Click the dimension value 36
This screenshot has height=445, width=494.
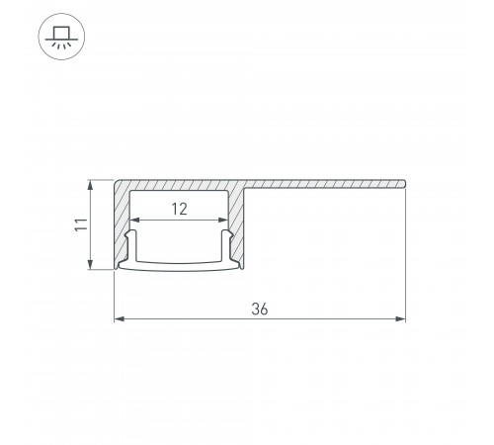click(260, 309)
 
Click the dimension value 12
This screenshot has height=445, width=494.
click(179, 209)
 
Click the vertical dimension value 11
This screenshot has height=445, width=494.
click(80, 224)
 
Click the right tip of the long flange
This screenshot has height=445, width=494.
click(404, 183)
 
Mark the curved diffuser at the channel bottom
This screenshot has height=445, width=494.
click(179, 266)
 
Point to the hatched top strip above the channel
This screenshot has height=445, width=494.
click(179, 188)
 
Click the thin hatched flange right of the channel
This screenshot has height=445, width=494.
click(326, 183)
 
